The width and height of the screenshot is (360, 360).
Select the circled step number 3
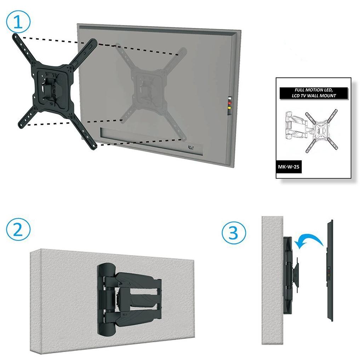(x=234, y=233)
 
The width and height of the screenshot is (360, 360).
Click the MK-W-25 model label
(x=288, y=167)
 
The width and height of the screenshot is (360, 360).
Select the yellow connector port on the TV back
(x=229, y=107)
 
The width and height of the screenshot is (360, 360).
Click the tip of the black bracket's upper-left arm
(x=15, y=35)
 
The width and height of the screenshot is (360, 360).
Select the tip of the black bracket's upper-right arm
(x=94, y=42)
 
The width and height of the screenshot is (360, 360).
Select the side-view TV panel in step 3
(x=330, y=270)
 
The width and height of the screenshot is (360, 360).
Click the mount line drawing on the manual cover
(x=312, y=131)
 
